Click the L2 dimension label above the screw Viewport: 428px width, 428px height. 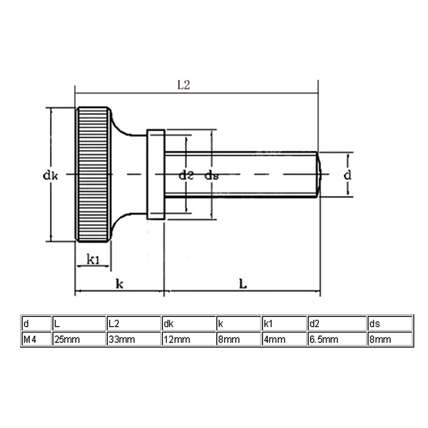pyautogui.click(x=183, y=85)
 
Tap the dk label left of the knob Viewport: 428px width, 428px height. pyautogui.click(x=51, y=175)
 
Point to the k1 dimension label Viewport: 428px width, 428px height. pyautogui.click(x=93, y=259)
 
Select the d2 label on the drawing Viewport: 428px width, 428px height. pyautogui.click(x=186, y=175)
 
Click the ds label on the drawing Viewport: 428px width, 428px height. pyautogui.click(x=212, y=175)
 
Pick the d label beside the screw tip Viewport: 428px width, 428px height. pyautogui.click(x=347, y=175)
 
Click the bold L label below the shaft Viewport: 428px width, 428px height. pyautogui.click(x=243, y=284)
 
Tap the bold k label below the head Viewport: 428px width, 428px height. pyautogui.click(x=119, y=284)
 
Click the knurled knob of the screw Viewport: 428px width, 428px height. pyautogui.click(x=93, y=174)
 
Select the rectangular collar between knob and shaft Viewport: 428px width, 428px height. pyautogui.click(x=156, y=174)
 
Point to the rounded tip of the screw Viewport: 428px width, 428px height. pyautogui.click(x=319, y=174)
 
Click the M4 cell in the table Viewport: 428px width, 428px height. pyautogui.click(x=37, y=339)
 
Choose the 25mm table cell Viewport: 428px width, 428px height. pyautogui.click(x=79, y=339)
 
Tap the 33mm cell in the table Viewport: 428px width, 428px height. pyautogui.click(x=134, y=339)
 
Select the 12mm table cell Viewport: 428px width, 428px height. pyautogui.click(x=189, y=339)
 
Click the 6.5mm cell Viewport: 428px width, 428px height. pyautogui.click(x=337, y=339)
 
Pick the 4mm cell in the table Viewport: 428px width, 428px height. pyautogui.click(x=284, y=339)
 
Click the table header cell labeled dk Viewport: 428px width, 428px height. pyautogui.click(x=189, y=323)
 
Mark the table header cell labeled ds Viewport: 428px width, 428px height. pyautogui.click(x=390, y=323)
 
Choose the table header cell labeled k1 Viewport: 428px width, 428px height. pyautogui.click(x=284, y=323)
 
